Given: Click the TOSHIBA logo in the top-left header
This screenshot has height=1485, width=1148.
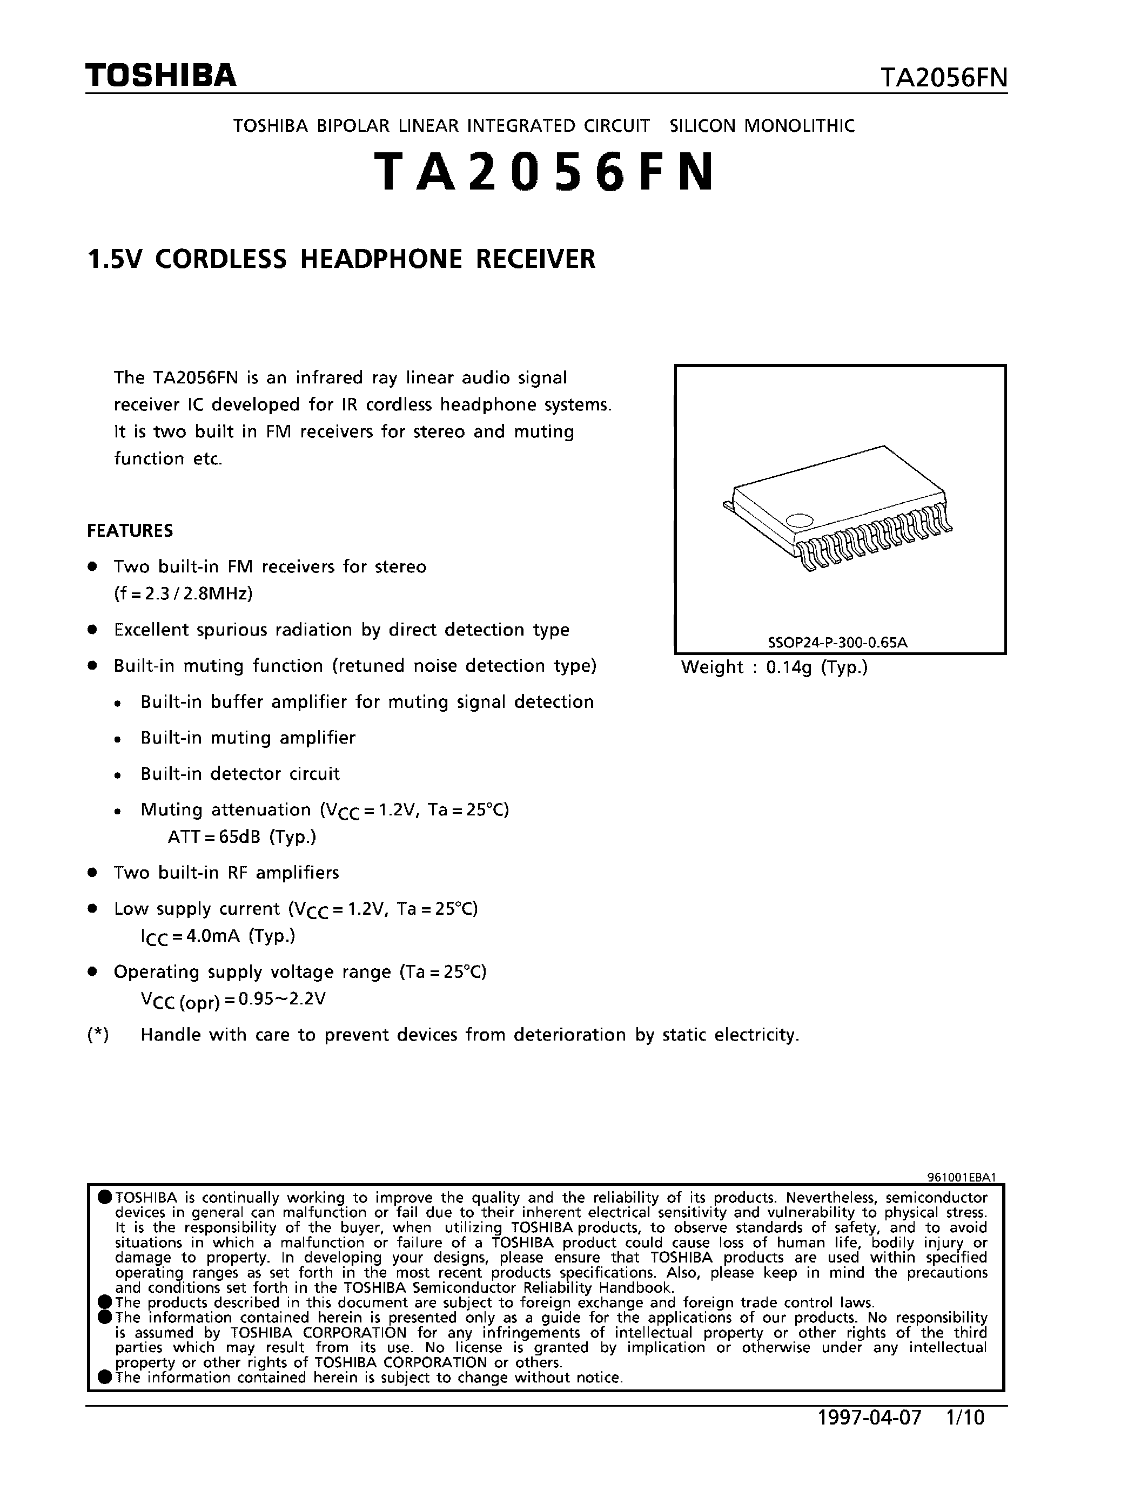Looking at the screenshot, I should point(160,76).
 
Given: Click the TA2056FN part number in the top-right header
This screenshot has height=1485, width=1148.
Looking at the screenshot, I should point(943,78).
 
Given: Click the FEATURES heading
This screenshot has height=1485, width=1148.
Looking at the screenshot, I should point(130,530).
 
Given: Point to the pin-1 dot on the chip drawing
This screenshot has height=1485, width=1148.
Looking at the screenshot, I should point(799,520).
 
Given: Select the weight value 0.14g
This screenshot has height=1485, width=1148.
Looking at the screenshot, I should point(789,667).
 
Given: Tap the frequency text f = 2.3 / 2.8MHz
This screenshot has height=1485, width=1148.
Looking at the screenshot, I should point(184,593).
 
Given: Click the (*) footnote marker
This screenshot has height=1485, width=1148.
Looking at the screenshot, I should point(98,1035).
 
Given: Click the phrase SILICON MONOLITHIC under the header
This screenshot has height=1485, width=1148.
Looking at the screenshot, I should point(762,126).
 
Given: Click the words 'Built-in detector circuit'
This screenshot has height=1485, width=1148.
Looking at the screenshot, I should point(240,774).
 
